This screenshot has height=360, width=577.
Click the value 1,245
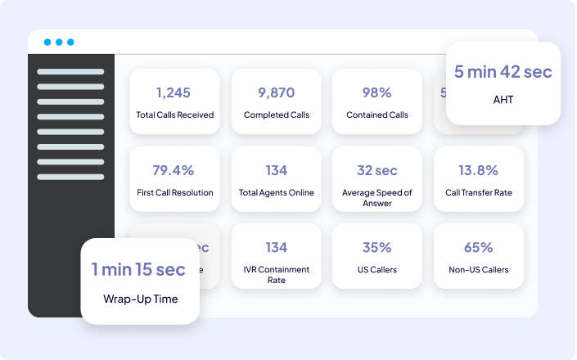point(174,92)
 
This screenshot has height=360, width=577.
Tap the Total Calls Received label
point(174,115)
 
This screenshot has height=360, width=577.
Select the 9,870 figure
point(277,92)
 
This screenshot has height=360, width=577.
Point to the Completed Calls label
point(277,115)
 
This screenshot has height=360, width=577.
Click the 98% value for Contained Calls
point(377,92)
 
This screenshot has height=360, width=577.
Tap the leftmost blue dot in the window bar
point(47,42)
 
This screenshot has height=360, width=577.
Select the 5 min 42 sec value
point(503,72)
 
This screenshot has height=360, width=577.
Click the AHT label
point(503,99)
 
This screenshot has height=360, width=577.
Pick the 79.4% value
point(174,170)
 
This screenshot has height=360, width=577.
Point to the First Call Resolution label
point(174,192)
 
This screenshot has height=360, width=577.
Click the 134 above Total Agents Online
point(277,170)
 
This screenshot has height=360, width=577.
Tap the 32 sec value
point(377,170)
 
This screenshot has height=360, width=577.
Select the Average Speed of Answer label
point(377,197)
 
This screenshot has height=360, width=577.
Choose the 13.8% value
point(479,170)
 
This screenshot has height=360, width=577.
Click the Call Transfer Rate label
point(479,192)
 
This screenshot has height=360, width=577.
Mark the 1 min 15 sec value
point(138,269)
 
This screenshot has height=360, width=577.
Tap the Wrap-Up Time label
point(141,298)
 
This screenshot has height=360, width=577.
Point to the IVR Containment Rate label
point(277,274)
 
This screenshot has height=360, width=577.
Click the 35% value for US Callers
point(377,247)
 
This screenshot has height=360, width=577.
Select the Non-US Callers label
point(479,269)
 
